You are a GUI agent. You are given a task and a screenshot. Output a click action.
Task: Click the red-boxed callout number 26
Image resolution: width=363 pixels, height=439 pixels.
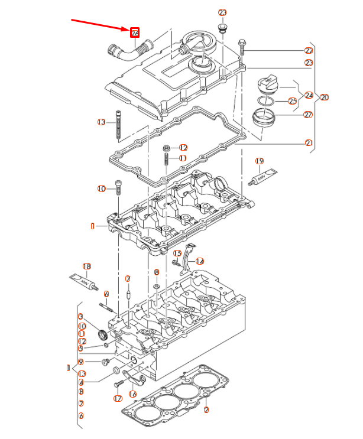point(135,32)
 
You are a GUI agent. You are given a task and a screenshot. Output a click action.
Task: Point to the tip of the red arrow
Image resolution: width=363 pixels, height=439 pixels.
point(129,30)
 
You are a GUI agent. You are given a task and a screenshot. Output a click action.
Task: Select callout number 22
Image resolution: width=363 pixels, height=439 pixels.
point(309,51)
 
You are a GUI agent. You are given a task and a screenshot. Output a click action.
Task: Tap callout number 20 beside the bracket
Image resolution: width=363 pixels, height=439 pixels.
point(324,97)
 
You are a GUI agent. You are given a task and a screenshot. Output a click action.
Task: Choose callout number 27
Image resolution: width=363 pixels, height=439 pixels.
point(308,115)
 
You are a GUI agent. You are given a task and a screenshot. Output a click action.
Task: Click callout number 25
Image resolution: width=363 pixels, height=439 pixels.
point(292,102)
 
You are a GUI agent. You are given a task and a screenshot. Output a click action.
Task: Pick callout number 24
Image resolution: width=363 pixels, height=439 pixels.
point(309,95)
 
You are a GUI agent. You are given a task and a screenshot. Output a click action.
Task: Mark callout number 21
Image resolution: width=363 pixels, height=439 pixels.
point(309,142)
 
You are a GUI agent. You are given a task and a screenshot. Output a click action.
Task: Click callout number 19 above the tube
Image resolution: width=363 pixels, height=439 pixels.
point(259,161)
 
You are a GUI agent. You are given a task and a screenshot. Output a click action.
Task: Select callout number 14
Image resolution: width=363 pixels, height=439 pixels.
point(200,261)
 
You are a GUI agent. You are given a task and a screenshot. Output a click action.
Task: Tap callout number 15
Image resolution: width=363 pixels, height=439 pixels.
point(177,253)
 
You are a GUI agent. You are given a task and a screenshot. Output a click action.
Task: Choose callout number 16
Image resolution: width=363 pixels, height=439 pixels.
point(133,394)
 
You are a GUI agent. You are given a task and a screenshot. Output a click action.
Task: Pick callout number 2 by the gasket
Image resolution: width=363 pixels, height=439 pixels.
point(206,409)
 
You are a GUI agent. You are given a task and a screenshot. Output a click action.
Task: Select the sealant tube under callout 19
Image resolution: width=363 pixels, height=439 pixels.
point(264,176)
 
